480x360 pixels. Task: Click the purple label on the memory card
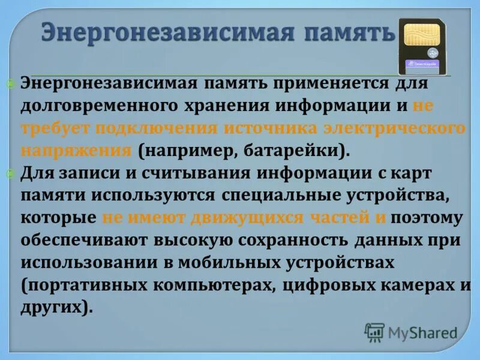[x=424, y=62]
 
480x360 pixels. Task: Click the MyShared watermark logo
[x=411, y=332]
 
